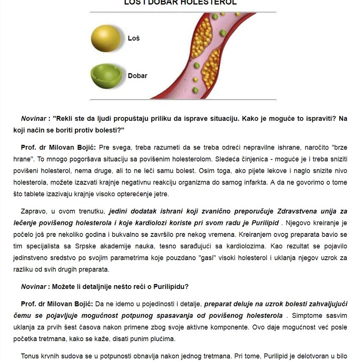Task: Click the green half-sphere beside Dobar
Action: (x=106, y=75)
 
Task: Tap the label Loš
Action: (x=134, y=38)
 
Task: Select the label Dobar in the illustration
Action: (x=138, y=76)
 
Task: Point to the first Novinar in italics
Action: (x=33, y=119)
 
